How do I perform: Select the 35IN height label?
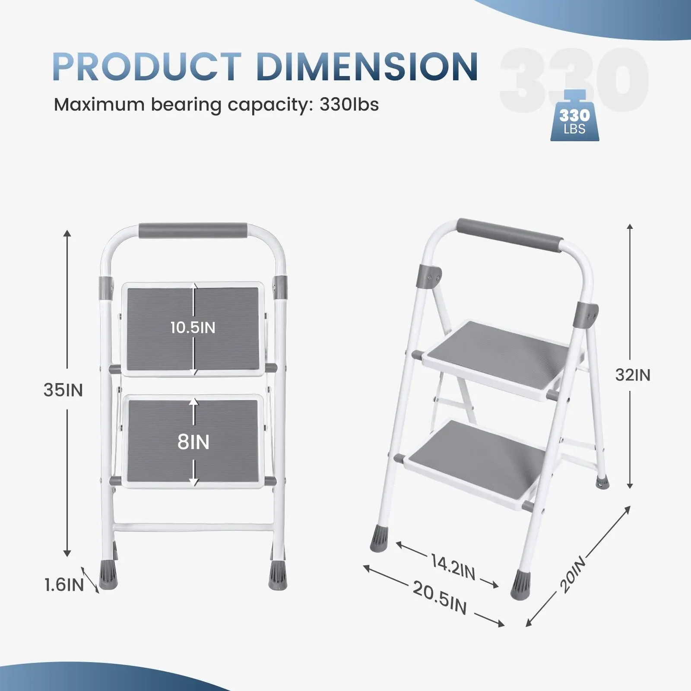[63, 390]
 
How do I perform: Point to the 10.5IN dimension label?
[193, 327]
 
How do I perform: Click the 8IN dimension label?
[193, 442]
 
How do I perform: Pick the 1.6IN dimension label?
[64, 585]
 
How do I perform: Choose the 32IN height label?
[633, 375]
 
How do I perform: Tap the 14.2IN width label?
[453, 567]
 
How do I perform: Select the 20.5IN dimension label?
[440, 598]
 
